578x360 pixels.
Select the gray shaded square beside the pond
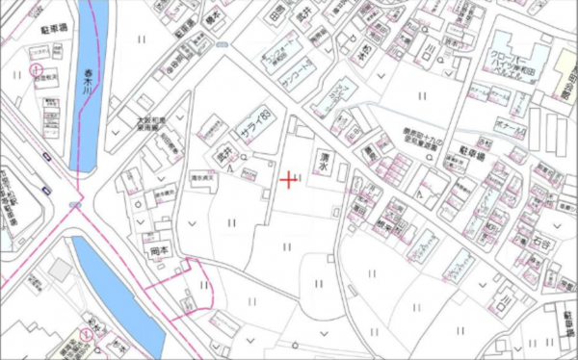click(x=60, y=272)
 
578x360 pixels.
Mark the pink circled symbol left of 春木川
click(x=35, y=69)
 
